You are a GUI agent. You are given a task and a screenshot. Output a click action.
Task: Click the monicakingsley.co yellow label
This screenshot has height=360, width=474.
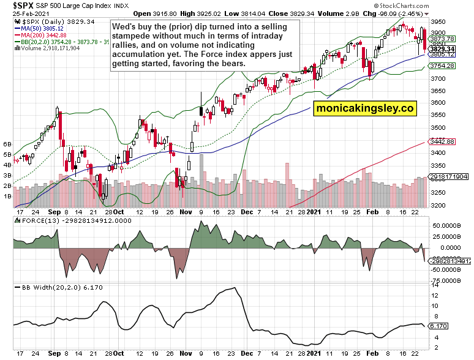(x=365, y=108)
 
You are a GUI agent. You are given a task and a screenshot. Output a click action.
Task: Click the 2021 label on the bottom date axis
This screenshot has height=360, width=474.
(x=314, y=353)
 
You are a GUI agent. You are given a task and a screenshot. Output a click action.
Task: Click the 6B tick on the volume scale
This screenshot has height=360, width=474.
(x=8, y=144)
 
